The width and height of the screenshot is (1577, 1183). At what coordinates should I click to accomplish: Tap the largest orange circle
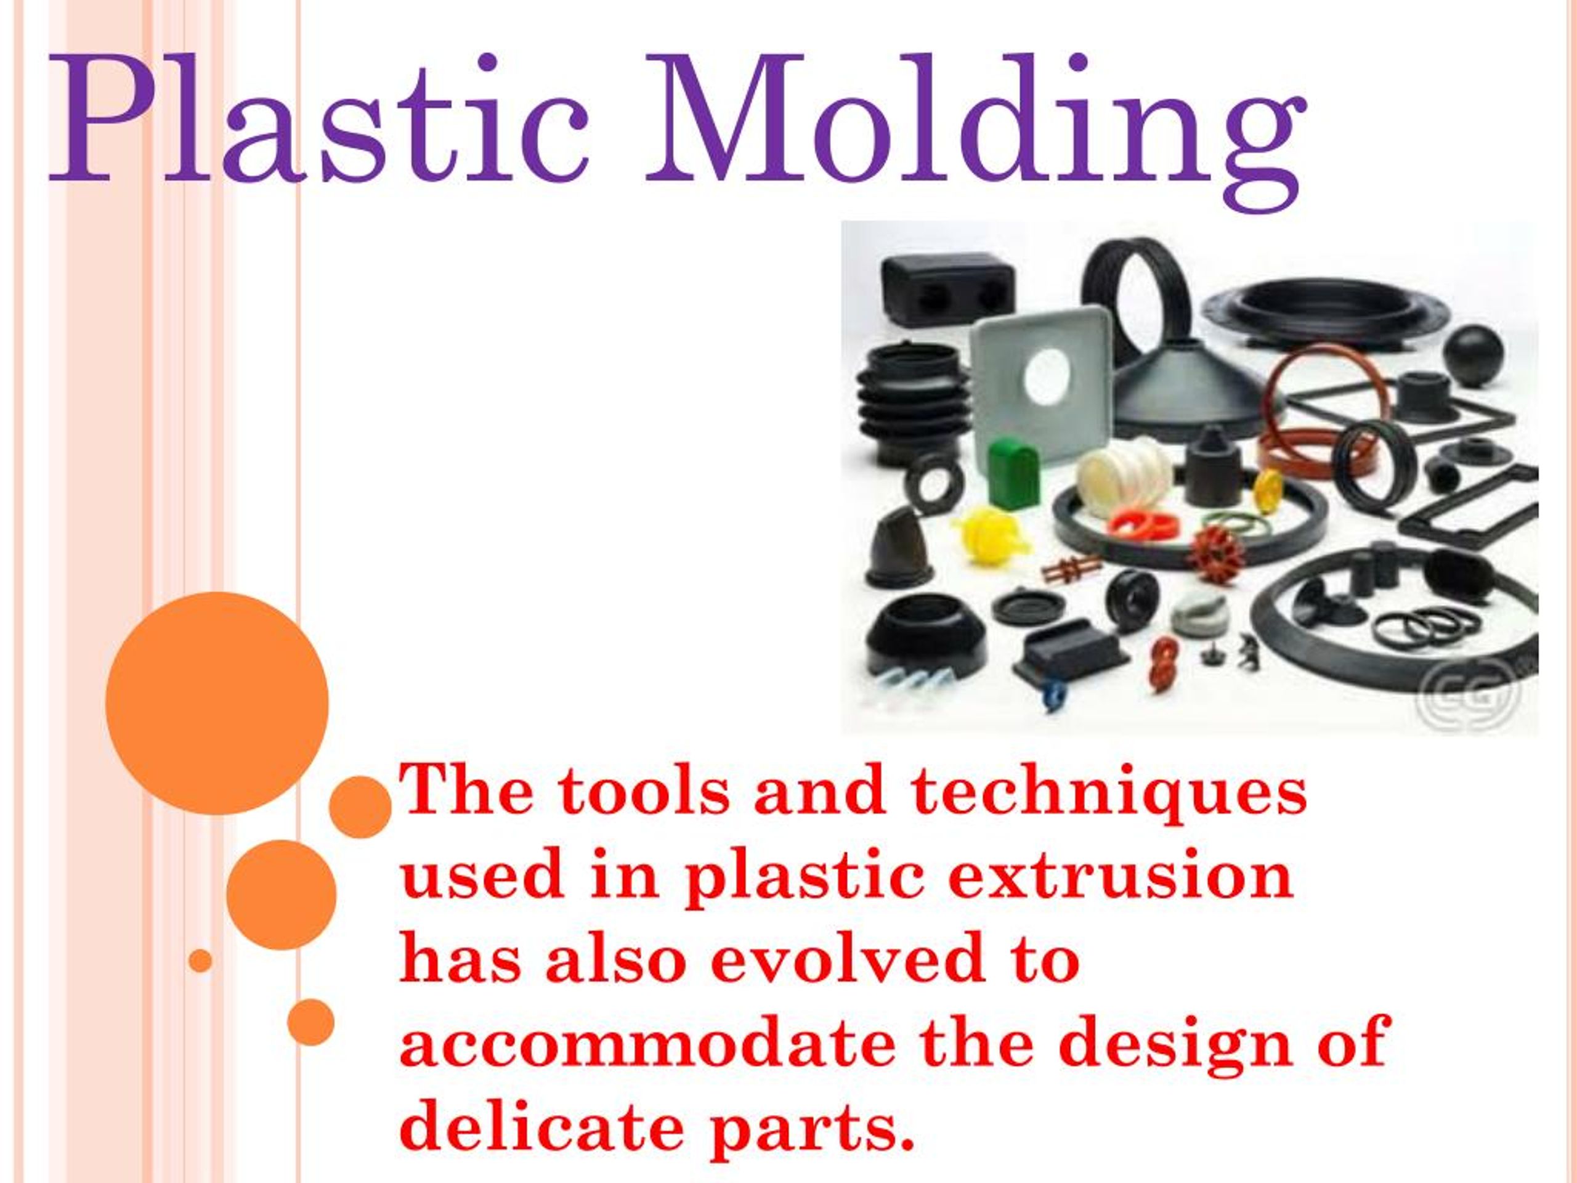pyautogui.click(x=217, y=702)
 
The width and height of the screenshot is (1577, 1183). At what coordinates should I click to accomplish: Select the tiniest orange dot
pyautogui.click(x=201, y=961)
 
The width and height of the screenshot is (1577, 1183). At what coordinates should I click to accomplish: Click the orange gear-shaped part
pyautogui.click(x=1215, y=553)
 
